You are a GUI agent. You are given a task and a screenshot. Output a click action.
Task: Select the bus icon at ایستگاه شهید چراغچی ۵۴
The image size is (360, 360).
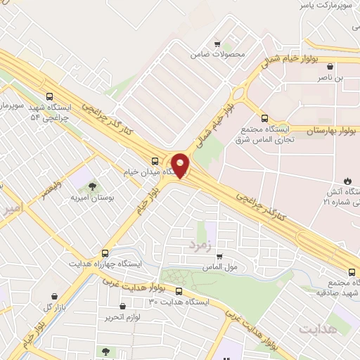[49, 97]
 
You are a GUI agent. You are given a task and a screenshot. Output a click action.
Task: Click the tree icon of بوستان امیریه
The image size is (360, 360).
[92, 187]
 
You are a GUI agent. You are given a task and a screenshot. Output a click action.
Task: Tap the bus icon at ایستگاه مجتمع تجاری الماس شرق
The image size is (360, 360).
[264, 118]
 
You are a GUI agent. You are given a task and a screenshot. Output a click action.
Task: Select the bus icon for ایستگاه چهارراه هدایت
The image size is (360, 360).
[105, 253]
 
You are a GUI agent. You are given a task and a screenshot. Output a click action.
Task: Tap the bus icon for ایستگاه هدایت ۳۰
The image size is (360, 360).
[179, 291]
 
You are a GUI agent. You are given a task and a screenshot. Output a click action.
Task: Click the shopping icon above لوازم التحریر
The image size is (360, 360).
[124, 306]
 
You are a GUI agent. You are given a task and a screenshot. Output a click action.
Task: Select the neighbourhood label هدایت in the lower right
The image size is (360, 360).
[318, 328]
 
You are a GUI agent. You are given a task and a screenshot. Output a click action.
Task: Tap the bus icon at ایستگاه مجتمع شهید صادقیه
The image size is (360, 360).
[352, 271]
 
